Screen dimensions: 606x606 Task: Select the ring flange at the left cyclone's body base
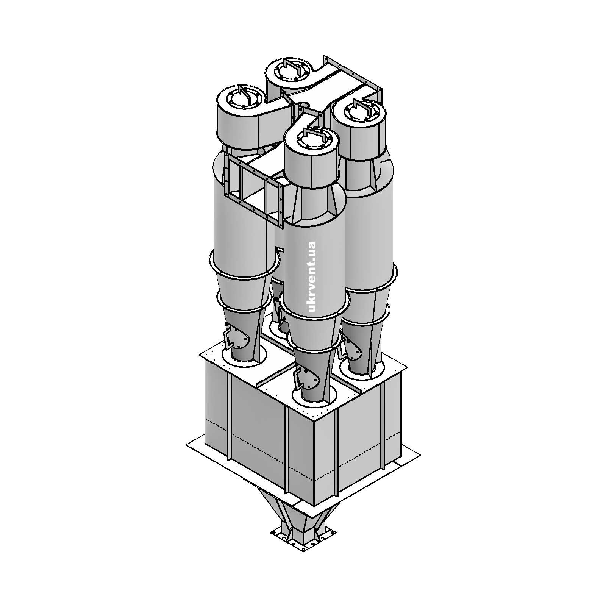(244, 265)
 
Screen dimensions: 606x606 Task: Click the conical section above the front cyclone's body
(314, 206)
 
